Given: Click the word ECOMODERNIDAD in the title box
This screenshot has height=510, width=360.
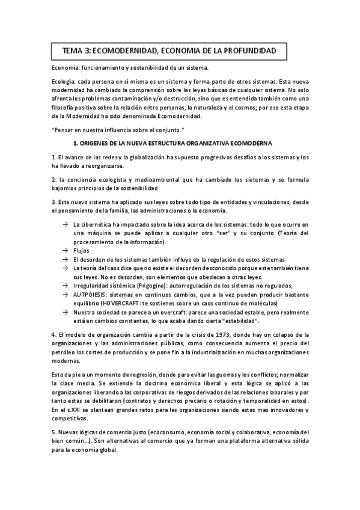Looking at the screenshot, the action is tap(126, 51).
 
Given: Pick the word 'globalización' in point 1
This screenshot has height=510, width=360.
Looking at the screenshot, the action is tap(144, 157).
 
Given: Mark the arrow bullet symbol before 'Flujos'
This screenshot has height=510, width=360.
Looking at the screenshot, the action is tap(65, 250).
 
